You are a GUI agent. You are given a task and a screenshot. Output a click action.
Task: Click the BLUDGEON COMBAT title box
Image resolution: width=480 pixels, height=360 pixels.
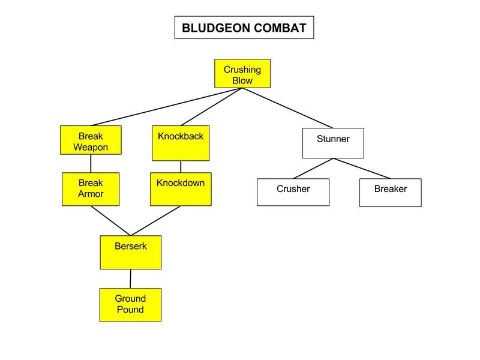pos(244,28)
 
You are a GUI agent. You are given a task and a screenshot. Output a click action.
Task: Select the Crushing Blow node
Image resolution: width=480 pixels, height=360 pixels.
pos(242,74)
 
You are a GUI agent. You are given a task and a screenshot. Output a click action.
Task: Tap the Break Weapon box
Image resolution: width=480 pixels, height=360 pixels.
pos(91,140)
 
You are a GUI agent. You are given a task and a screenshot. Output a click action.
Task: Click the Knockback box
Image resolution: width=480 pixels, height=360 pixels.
pos(181,143)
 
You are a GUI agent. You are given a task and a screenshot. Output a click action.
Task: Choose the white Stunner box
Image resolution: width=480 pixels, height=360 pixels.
pos(332,143)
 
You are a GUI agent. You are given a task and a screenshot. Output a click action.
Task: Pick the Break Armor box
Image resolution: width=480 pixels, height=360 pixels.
pos(91,189)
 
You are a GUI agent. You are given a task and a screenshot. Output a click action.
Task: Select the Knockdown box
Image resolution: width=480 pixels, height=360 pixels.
pos(181,189)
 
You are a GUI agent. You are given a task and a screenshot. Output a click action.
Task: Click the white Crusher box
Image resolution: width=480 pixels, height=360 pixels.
pos(293,192)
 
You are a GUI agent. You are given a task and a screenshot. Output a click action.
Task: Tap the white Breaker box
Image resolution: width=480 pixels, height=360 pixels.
pos(390,192)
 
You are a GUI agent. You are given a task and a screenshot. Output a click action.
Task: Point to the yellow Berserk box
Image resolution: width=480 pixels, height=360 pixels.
pos(130,252)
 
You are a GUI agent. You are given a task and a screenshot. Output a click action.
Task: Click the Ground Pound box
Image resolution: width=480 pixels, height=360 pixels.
pos(130,304)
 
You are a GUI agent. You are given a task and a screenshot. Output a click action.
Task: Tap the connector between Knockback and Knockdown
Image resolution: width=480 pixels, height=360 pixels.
pos(181,167)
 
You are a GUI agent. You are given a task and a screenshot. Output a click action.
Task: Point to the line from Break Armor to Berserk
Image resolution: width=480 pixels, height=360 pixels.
pos(110,220)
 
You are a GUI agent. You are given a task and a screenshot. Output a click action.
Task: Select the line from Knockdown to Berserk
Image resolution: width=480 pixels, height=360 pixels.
pos(156,220)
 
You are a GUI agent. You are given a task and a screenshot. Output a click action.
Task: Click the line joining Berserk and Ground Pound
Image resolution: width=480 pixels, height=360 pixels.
pos(130,278)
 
